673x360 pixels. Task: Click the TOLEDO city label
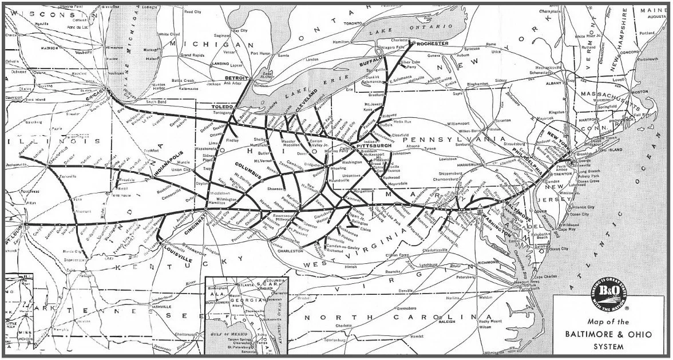(223, 107)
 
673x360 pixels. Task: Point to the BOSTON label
(639, 92)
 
